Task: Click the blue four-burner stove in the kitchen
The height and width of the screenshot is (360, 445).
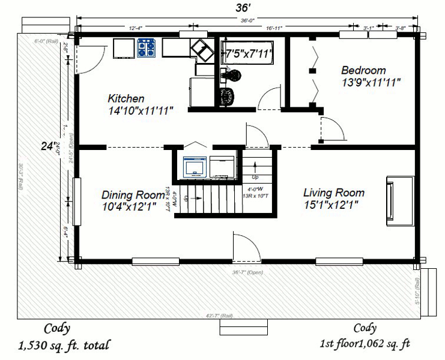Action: pos(147,48)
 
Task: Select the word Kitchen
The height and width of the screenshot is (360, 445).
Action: pos(126,98)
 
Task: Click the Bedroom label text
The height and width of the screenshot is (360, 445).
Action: pos(363,70)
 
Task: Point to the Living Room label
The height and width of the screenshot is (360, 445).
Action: pos(333,193)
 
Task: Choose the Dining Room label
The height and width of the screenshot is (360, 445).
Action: pos(133,194)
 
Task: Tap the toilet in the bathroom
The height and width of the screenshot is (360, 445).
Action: pos(233,75)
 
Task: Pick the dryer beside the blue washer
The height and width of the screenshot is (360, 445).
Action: pos(223,167)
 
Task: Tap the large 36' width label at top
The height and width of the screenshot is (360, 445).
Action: pos(246,8)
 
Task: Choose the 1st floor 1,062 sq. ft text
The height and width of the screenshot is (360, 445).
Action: pos(365,344)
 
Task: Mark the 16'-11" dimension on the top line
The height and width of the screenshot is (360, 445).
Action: pos(274,28)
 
